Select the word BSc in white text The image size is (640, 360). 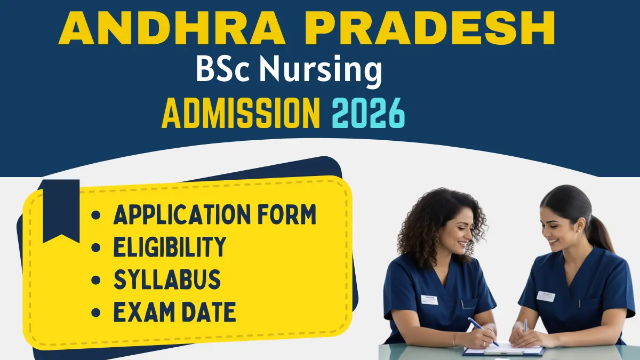click(223, 71)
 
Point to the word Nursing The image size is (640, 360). click(321, 71)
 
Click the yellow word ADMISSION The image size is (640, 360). click(241, 113)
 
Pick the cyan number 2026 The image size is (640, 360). click(369, 113)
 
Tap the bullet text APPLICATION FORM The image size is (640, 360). click(215, 215)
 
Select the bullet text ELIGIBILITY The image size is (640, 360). click(170, 247)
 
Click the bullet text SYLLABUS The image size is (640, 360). click(166, 280)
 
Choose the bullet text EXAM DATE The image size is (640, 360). click(174, 313)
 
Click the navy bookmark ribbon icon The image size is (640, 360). click(61, 210)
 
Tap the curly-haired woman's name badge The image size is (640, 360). click(429, 300)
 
